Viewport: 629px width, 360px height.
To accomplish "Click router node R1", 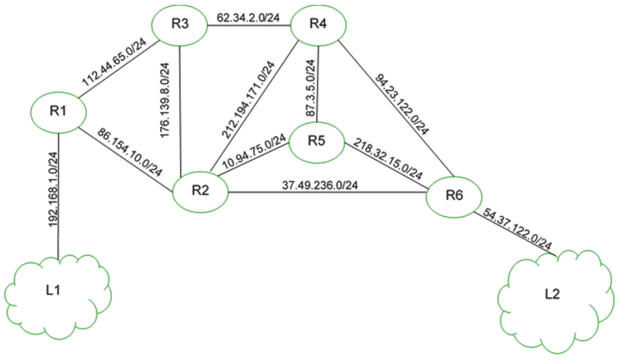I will click(x=57, y=112).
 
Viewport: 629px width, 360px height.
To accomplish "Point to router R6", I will click(x=453, y=197).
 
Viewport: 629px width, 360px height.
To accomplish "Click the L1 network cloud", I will click(x=55, y=292).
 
